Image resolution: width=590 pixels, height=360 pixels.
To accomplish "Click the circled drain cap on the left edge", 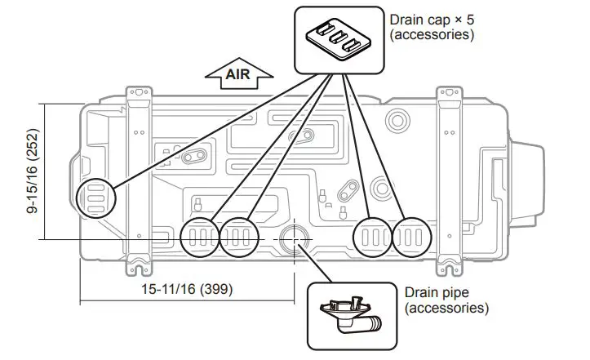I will click(95, 197).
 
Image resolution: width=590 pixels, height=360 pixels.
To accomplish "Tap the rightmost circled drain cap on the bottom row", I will click(411, 238).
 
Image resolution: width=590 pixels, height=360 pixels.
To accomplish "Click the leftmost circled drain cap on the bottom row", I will click(200, 238).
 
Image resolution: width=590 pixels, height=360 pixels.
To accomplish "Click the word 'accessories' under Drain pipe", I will click(446, 308).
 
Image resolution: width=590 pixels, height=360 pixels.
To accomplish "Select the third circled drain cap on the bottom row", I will click(372, 238).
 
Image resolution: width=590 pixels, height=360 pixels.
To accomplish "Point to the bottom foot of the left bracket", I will click(140, 265).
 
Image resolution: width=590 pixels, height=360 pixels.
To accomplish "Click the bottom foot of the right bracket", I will click(449, 265).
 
